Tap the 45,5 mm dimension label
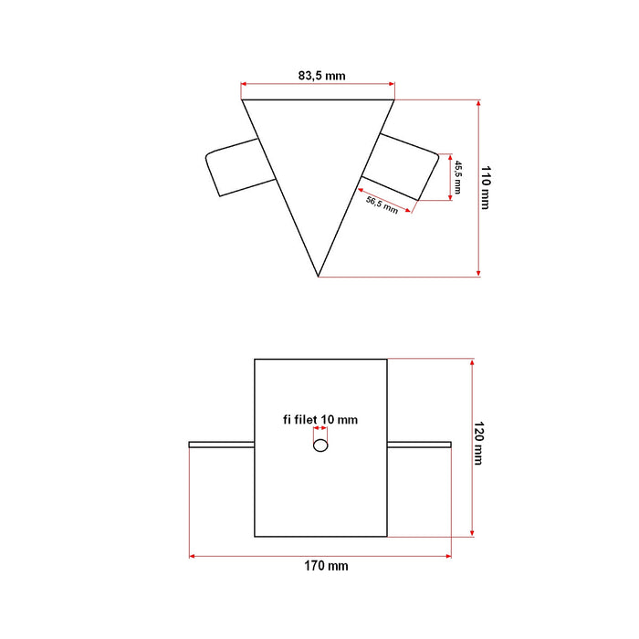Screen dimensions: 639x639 pyautogui.click(x=459, y=176)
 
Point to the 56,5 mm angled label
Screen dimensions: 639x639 pyautogui.click(x=382, y=204)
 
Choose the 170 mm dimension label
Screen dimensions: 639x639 pyautogui.click(x=326, y=566)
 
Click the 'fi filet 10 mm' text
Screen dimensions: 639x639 pyautogui.click(x=319, y=420)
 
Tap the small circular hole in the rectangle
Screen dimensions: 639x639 pyautogui.click(x=319, y=445)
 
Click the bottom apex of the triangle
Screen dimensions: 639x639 pyautogui.click(x=318, y=275)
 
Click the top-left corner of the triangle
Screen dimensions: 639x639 pyautogui.click(x=243, y=100)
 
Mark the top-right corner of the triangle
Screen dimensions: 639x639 pyautogui.click(x=394, y=100)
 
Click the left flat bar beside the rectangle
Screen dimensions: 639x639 pyautogui.click(x=221, y=445)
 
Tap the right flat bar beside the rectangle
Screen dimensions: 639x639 pyautogui.click(x=419, y=445)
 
